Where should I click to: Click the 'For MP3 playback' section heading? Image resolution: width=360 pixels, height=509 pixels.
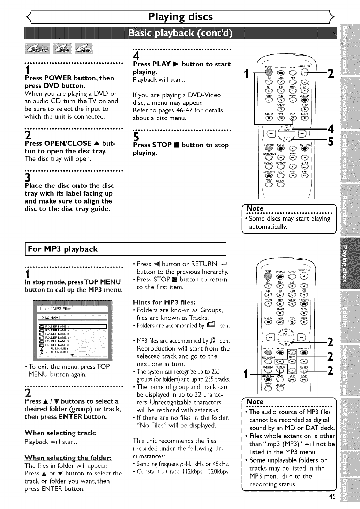coord(63,249)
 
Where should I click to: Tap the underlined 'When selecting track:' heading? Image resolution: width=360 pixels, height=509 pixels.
coord(61,433)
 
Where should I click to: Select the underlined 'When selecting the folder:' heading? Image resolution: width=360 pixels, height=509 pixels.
coord(68,458)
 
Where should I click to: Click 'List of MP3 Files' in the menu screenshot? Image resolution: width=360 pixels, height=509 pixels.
coord(56,309)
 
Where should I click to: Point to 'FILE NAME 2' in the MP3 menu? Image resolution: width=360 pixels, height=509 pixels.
coord(59,353)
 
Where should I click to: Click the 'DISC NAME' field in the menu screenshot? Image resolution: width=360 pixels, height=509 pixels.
coord(51,318)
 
